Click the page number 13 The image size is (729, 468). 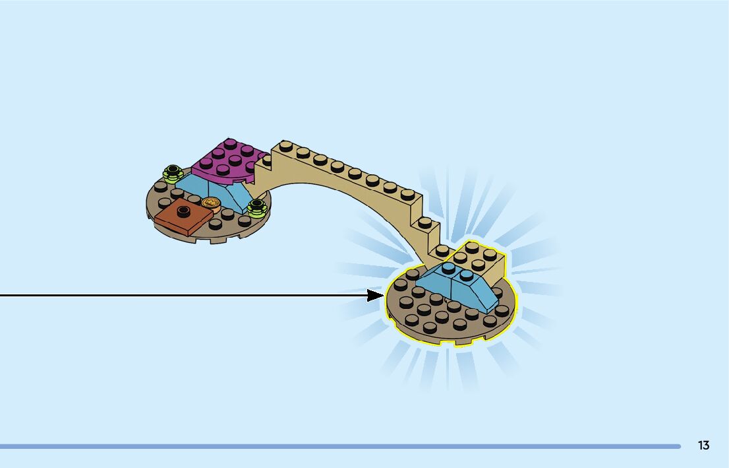[703, 446]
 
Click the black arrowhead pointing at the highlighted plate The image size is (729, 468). [376, 295]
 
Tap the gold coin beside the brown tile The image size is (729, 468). [211, 203]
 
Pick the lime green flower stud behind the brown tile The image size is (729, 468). [173, 174]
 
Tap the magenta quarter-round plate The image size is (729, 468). [227, 162]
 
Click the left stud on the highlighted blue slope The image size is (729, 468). [449, 267]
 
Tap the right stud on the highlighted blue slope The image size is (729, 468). [467, 274]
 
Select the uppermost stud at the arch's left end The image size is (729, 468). [285, 145]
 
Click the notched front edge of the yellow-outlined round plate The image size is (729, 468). [448, 340]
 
